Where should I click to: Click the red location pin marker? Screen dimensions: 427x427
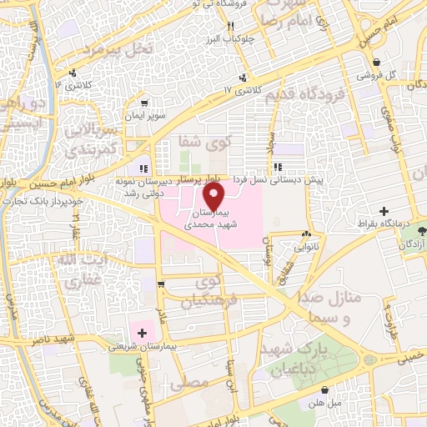tap(215, 195)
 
